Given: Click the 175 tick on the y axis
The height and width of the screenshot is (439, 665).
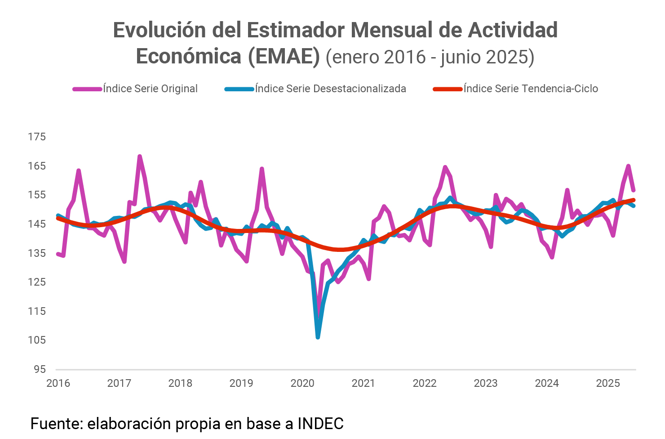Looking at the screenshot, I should (37, 137).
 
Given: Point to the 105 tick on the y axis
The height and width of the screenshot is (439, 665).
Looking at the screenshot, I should (37, 340).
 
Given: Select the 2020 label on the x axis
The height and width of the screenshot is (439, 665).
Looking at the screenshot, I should (302, 383).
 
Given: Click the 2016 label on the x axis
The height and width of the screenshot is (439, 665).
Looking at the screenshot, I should (58, 383).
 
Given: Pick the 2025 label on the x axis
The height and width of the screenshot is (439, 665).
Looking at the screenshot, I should (607, 383).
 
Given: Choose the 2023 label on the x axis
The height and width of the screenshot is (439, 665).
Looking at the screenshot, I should (485, 383).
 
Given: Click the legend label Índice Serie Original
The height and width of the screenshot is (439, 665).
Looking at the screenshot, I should (150, 89).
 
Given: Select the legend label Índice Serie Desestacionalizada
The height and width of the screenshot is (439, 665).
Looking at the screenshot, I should (330, 89).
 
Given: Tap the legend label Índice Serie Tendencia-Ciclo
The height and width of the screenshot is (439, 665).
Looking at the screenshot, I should (531, 89).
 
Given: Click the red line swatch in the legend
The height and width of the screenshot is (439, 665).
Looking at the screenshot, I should (448, 89).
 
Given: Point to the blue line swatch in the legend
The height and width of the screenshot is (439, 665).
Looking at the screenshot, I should (239, 89).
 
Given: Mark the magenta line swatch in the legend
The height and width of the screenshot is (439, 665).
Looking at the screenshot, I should (88, 89).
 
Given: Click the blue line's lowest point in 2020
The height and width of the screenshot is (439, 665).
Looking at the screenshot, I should (318, 337).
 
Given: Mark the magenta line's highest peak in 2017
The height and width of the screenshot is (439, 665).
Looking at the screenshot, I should (140, 157).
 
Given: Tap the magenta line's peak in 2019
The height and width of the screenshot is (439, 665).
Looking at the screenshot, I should (262, 169).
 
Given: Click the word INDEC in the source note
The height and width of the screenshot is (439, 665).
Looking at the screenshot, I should (320, 424).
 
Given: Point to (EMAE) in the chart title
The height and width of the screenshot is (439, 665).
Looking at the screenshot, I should (284, 57).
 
